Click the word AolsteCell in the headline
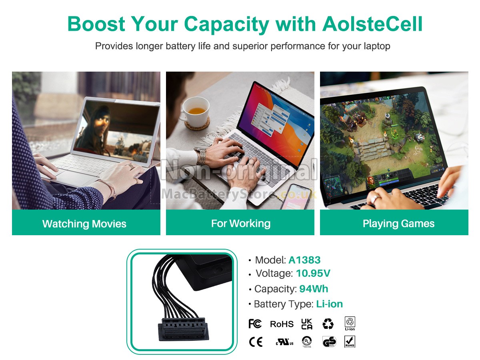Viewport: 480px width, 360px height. tap(372, 24)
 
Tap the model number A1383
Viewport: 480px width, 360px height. tap(304, 260)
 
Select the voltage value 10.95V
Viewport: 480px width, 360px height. tap(313, 273)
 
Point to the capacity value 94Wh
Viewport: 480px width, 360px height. tap(314, 289)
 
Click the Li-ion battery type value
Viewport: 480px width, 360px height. tap(329, 304)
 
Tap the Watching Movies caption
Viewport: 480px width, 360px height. tap(84, 224)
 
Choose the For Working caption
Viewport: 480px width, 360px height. tap(241, 223)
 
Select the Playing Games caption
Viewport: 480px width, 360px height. tap(398, 223)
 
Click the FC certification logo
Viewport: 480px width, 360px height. tap(255, 324)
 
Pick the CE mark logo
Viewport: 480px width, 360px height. tap(256, 342)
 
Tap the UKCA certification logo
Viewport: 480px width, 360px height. tap(306, 324)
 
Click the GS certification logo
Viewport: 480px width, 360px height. tap(329, 342)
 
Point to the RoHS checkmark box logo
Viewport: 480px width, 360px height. tap(350, 342)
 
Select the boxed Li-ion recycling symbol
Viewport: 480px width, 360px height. tap(350, 324)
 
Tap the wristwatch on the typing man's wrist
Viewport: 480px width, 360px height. tap(201, 156)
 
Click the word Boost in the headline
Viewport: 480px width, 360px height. tap(96, 24)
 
